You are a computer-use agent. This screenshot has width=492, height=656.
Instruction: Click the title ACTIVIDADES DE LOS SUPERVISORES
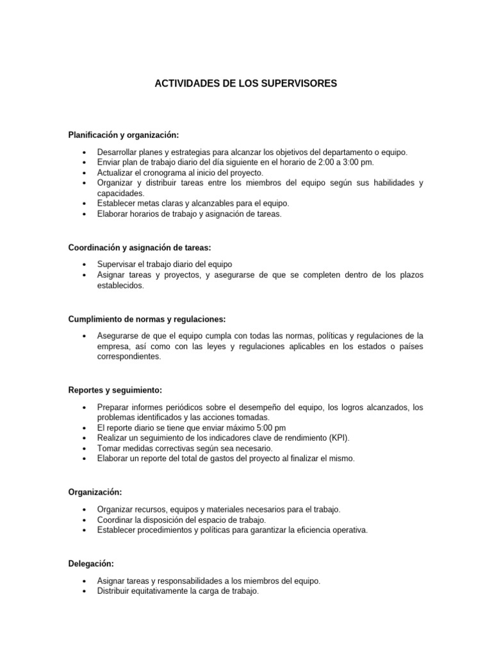tap(246, 83)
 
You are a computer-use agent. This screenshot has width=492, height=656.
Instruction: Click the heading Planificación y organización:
tap(124, 135)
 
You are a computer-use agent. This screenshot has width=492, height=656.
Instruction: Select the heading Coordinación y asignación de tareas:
tap(139, 247)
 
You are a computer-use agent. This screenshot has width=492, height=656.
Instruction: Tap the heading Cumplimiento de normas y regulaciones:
tap(147, 319)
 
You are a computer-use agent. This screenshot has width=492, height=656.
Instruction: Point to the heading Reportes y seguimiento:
tap(115, 390)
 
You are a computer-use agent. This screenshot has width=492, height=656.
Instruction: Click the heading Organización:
tap(95, 493)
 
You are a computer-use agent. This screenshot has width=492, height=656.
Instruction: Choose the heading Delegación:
tap(91, 564)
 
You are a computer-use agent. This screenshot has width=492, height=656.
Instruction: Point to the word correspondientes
tap(129, 357)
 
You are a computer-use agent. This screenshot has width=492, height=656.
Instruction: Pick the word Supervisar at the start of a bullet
tap(117, 264)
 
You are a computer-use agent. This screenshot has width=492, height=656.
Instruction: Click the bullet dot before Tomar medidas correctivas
tap(85, 448)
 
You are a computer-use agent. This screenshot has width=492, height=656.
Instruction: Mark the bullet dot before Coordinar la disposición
tap(85, 520)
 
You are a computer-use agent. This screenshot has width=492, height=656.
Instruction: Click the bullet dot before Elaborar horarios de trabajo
tap(85, 215)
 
